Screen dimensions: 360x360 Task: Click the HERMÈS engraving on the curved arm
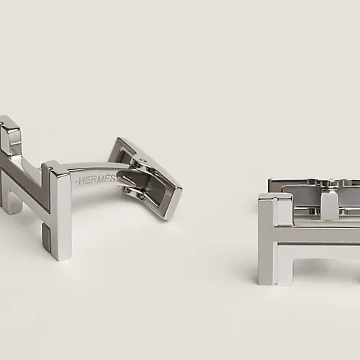97,179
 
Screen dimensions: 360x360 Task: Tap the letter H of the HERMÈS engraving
82,181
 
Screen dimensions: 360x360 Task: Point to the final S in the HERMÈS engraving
115,178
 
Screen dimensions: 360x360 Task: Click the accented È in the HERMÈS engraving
109,178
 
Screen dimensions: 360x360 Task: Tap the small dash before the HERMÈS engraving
76,181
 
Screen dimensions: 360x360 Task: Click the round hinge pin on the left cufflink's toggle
143,160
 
